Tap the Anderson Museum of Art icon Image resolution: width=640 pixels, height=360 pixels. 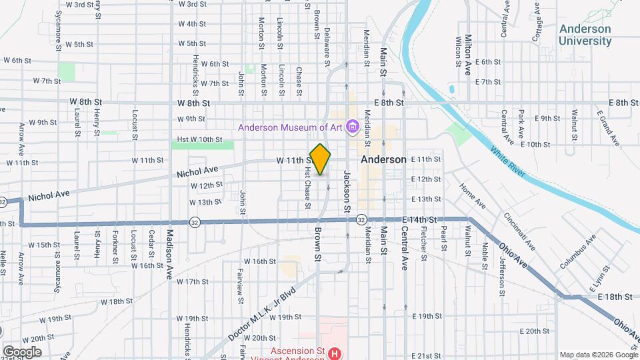pyautogui.click(x=353, y=127)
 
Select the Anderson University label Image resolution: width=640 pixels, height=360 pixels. pyautogui.click(x=585, y=35)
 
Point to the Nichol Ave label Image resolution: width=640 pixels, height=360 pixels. pyautogui.click(x=197, y=173)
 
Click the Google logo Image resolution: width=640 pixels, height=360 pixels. pyautogui.click(x=22, y=351)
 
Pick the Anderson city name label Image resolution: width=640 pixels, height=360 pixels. pyautogui.click(x=383, y=160)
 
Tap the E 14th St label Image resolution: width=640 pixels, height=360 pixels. pyautogui.click(x=419, y=219)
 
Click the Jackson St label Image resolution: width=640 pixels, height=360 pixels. pyautogui.click(x=347, y=192)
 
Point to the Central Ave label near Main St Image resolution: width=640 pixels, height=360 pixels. pyautogui.click(x=404, y=247)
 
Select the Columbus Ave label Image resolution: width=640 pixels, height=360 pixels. pyautogui.click(x=577, y=252)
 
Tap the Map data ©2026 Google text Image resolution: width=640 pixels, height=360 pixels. pyautogui.click(x=598, y=355)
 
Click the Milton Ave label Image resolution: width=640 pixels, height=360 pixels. pyautogui.click(x=469, y=49)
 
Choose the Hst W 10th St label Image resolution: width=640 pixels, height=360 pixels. pyautogui.click(x=199, y=139)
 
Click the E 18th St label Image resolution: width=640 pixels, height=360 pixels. pyautogui.click(x=615, y=296)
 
